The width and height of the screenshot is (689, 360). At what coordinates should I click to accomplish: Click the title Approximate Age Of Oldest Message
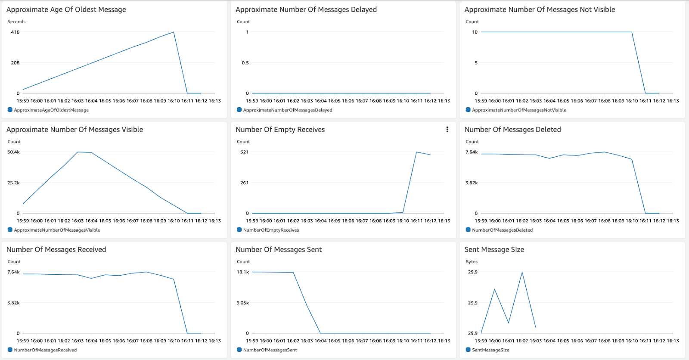66,9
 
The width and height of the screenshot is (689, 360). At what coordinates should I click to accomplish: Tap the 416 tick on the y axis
15,32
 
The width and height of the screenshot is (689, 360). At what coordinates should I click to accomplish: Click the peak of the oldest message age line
174,32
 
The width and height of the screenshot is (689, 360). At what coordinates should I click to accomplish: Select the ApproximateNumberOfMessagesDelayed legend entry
287,110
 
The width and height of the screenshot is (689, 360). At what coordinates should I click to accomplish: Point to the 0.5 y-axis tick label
245,63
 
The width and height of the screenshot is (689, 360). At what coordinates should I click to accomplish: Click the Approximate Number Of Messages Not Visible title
540,9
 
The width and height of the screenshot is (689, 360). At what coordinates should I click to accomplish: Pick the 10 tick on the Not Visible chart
475,32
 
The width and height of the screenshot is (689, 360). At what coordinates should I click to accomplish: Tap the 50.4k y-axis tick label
13,152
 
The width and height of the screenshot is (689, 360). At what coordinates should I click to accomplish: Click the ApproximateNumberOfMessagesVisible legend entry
56,230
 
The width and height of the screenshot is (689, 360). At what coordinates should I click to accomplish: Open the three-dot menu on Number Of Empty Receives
447,130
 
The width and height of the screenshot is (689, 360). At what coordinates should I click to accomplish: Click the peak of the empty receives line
416,152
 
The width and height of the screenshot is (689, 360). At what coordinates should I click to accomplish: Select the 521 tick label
244,152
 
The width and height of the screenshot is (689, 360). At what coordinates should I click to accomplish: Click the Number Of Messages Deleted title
512,130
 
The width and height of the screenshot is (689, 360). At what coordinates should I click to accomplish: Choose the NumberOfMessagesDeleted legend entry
502,230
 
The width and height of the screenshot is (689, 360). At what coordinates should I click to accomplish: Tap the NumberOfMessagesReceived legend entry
45,350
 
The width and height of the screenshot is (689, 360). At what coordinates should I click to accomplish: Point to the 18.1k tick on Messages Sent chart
242,272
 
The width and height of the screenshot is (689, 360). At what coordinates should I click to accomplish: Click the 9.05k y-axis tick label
242,303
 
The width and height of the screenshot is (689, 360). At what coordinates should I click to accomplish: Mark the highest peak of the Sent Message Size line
522,272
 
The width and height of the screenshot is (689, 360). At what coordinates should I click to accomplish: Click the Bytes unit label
471,262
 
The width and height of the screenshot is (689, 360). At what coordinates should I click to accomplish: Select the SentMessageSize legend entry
490,350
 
